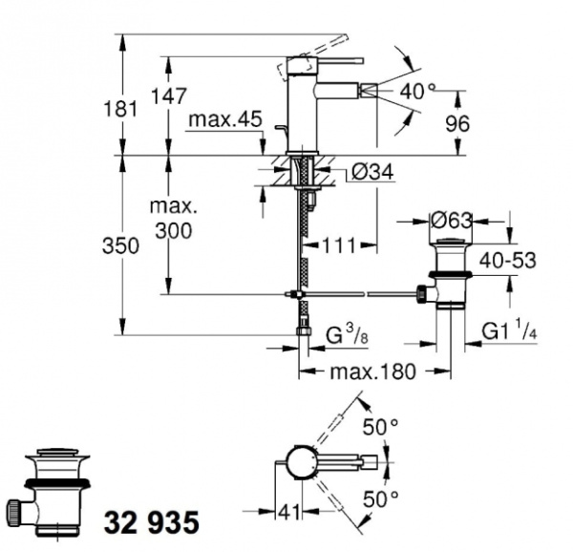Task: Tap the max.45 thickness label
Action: click(x=224, y=120)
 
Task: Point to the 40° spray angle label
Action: click(x=417, y=92)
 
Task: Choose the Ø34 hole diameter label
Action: click(x=359, y=173)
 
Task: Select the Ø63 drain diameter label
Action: click(x=452, y=222)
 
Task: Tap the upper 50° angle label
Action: click(x=379, y=428)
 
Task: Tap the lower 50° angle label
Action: click(x=379, y=500)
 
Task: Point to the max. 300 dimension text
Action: click(x=172, y=219)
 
